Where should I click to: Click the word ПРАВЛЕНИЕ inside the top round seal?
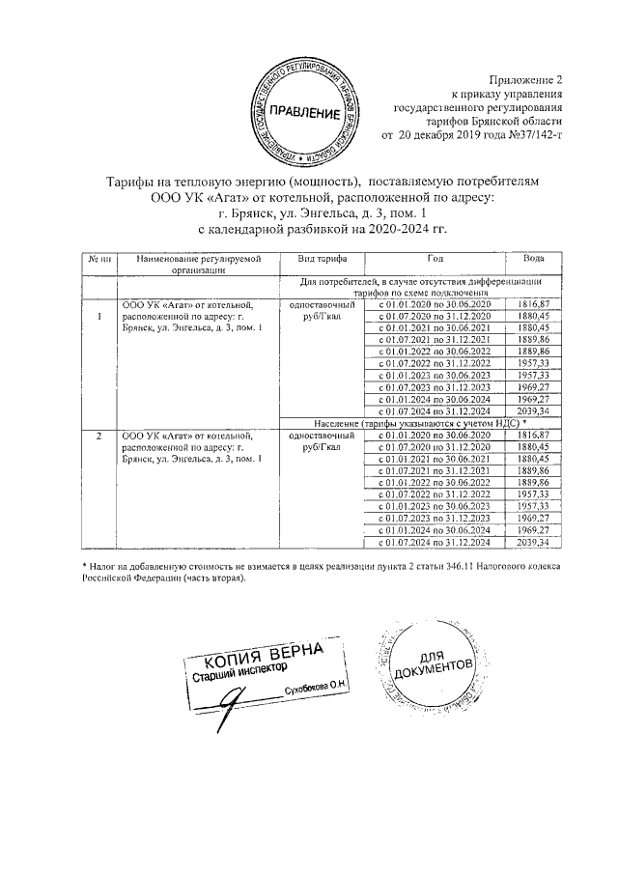[304, 114]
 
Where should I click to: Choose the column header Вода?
[533, 260]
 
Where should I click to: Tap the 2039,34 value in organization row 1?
[533, 409]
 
